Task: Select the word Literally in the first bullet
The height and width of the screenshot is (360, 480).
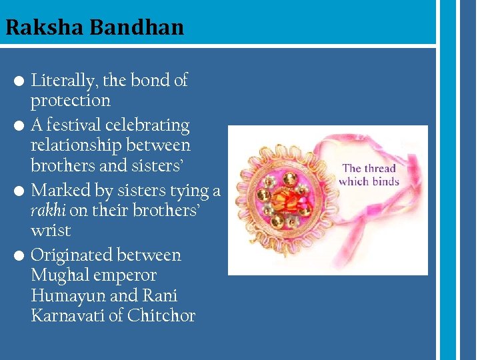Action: (63, 81)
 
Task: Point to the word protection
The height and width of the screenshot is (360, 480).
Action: (70, 101)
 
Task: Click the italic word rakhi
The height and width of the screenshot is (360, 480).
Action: (48, 211)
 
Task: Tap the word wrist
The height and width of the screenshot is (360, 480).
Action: (51, 231)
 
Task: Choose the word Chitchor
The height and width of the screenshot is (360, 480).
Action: (161, 315)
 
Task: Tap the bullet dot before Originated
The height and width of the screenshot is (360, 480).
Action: (20, 256)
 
